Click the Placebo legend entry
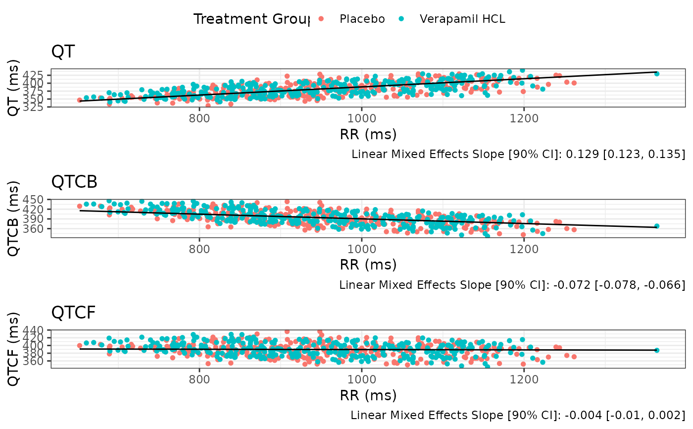click(x=362, y=19)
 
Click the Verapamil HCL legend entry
click(x=462, y=19)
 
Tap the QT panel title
click(x=63, y=52)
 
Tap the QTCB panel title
click(x=74, y=182)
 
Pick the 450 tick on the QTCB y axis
click(x=40, y=199)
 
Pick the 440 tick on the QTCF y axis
click(x=40, y=330)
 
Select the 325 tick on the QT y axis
click(x=40, y=107)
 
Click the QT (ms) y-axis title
click(x=15, y=88)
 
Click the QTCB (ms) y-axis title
click(x=15, y=218)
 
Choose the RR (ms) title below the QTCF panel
click(x=368, y=395)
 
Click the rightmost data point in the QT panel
click(x=657, y=73)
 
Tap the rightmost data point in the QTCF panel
click(x=657, y=350)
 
